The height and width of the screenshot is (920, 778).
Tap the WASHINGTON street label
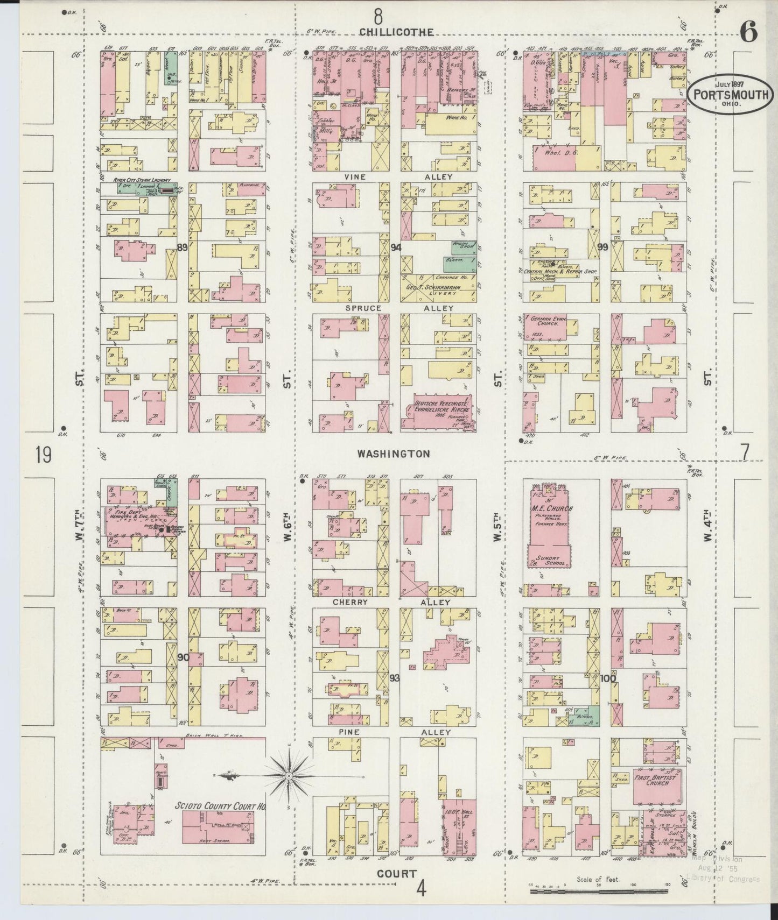tap(394, 454)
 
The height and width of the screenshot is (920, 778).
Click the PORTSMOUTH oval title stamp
tap(730, 93)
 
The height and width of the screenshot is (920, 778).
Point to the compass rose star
tap(289, 776)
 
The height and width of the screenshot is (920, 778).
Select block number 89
tap(182, 247)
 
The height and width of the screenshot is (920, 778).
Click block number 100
tap(608, 678)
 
